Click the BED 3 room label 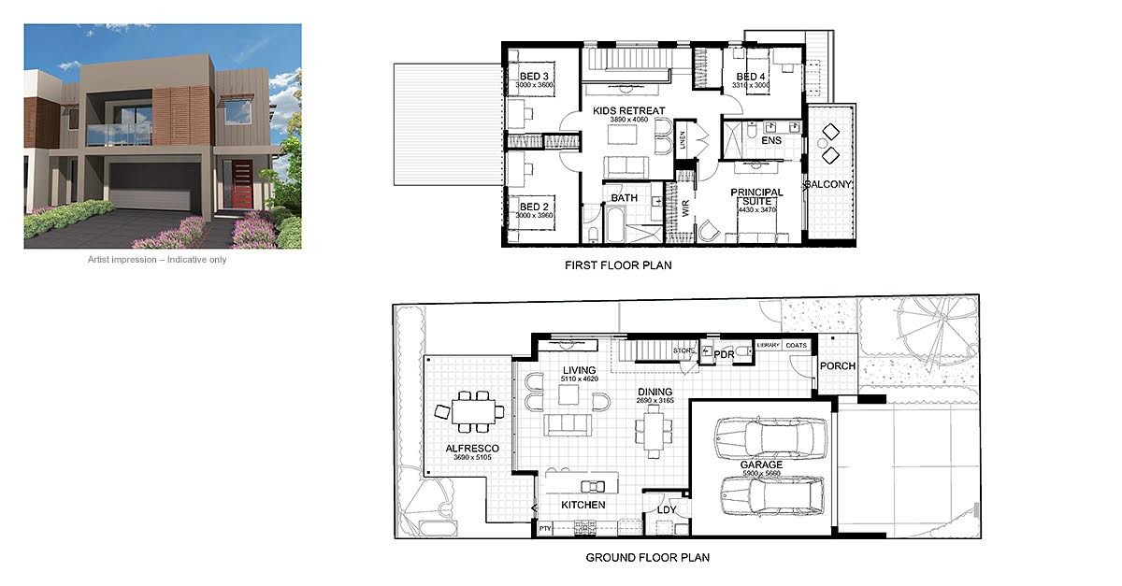530,77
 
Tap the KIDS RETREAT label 629,110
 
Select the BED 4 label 751,77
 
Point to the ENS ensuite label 771,141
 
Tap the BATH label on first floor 625,198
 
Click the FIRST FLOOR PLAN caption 618,265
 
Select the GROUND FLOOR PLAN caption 647,558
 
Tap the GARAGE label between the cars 762,465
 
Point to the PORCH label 837,365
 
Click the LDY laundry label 666,509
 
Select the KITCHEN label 583,505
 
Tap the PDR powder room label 724,355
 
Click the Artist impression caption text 157,260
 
